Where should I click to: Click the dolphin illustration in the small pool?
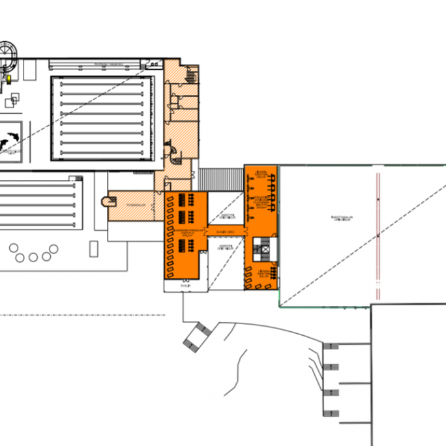[x=10, y=140]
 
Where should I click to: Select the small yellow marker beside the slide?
[x=10, y=78]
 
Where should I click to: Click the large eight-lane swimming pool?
[x=102, y=118]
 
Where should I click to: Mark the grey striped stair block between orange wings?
[x=220, y=178]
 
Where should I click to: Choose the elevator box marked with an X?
[x=263, y=247]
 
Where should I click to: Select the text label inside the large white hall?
[x=343, y=220]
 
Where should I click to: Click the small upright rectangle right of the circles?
[x=93, y=248]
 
